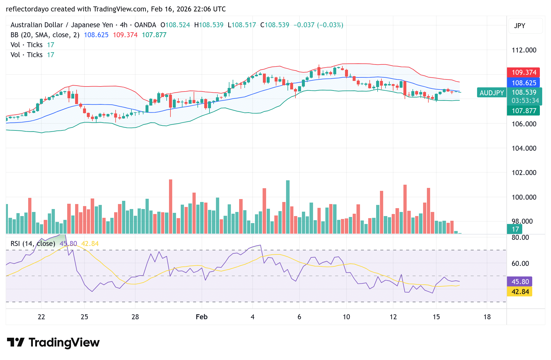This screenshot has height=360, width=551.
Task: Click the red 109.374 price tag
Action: [x=524, y=72]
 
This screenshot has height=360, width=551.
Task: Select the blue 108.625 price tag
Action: [x=524, y=83]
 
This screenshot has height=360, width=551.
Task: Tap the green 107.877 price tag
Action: [x=524, y=111]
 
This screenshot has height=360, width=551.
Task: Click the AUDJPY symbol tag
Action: [x=492, y=93]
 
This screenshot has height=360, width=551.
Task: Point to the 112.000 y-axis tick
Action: [x=524, y=50]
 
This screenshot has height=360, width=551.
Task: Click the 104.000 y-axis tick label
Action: [x=524, y=148]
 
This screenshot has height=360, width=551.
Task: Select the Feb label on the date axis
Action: [x=202, y=317]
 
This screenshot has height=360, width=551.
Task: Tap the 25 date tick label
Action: [x=84, y=317]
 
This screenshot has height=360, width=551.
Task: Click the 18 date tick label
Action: [x=487, y=317]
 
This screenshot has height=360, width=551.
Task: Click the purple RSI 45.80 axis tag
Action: [x=520, y=282]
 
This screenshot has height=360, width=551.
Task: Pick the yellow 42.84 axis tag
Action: [x=520, y=292]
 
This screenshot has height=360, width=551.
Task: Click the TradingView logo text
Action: [x=64, y=342]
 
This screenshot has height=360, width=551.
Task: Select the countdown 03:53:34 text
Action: [x=525, y=101]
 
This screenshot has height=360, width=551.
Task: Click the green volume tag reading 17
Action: [x=515, y=229]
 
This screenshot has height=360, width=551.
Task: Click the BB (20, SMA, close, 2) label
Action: [x=45, y=35]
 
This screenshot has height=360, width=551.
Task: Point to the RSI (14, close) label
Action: [x=33, y=244]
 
